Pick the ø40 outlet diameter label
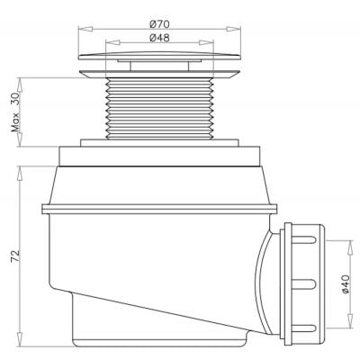346,286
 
